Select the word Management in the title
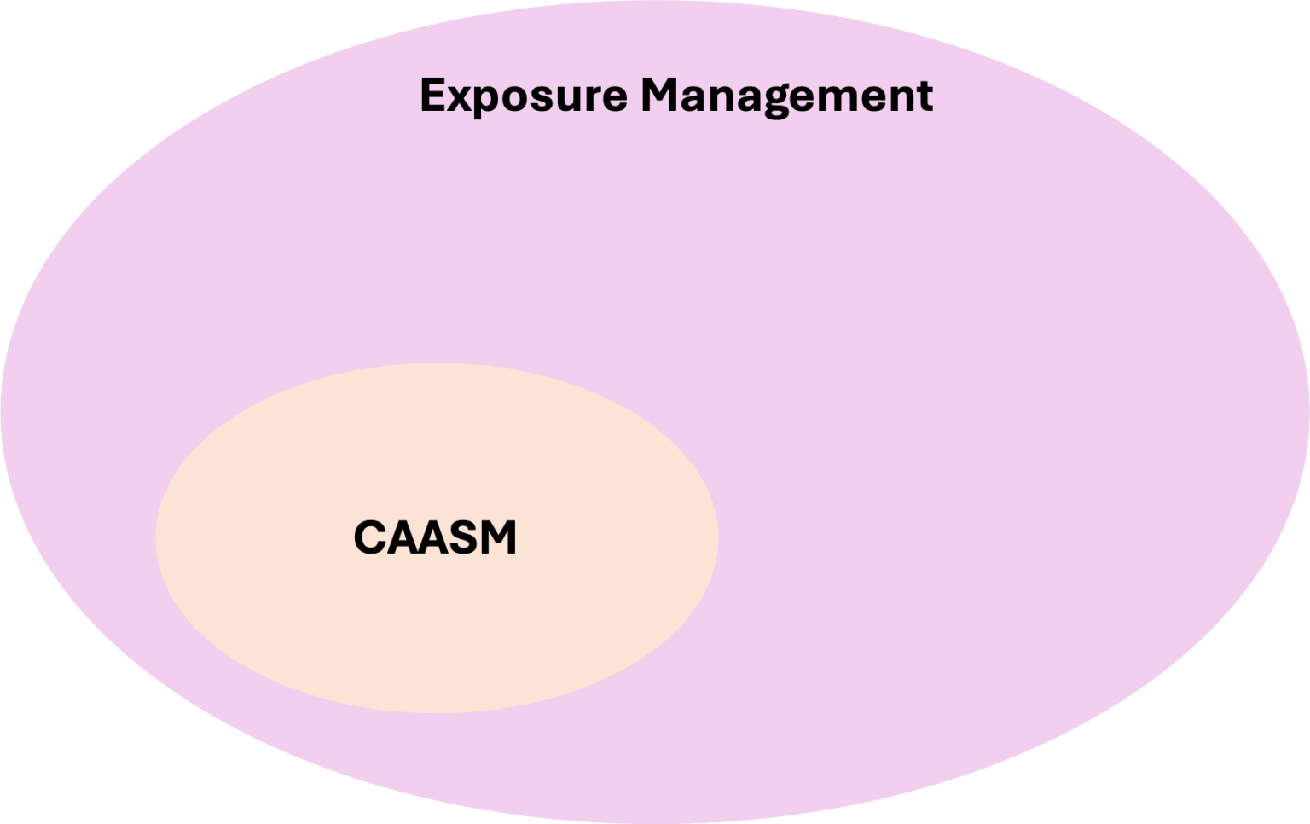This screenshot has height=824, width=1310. click(786, 96)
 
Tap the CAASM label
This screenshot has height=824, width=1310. click(435, 538)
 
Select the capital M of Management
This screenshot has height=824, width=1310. click(661, 95)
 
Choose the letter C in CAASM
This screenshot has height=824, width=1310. click(368, 538)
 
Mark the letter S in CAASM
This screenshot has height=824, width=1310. click(466, 538)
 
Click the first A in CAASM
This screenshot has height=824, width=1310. click(401, 538)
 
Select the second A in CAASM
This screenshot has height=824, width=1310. click(433, 538)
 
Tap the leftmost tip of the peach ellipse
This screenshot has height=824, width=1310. click(158, 538)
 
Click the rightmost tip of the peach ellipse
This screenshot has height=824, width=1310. click(716, 538)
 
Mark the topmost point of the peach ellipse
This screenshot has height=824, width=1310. click(437, 365)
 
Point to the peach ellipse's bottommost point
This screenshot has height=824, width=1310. click(437, 711)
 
